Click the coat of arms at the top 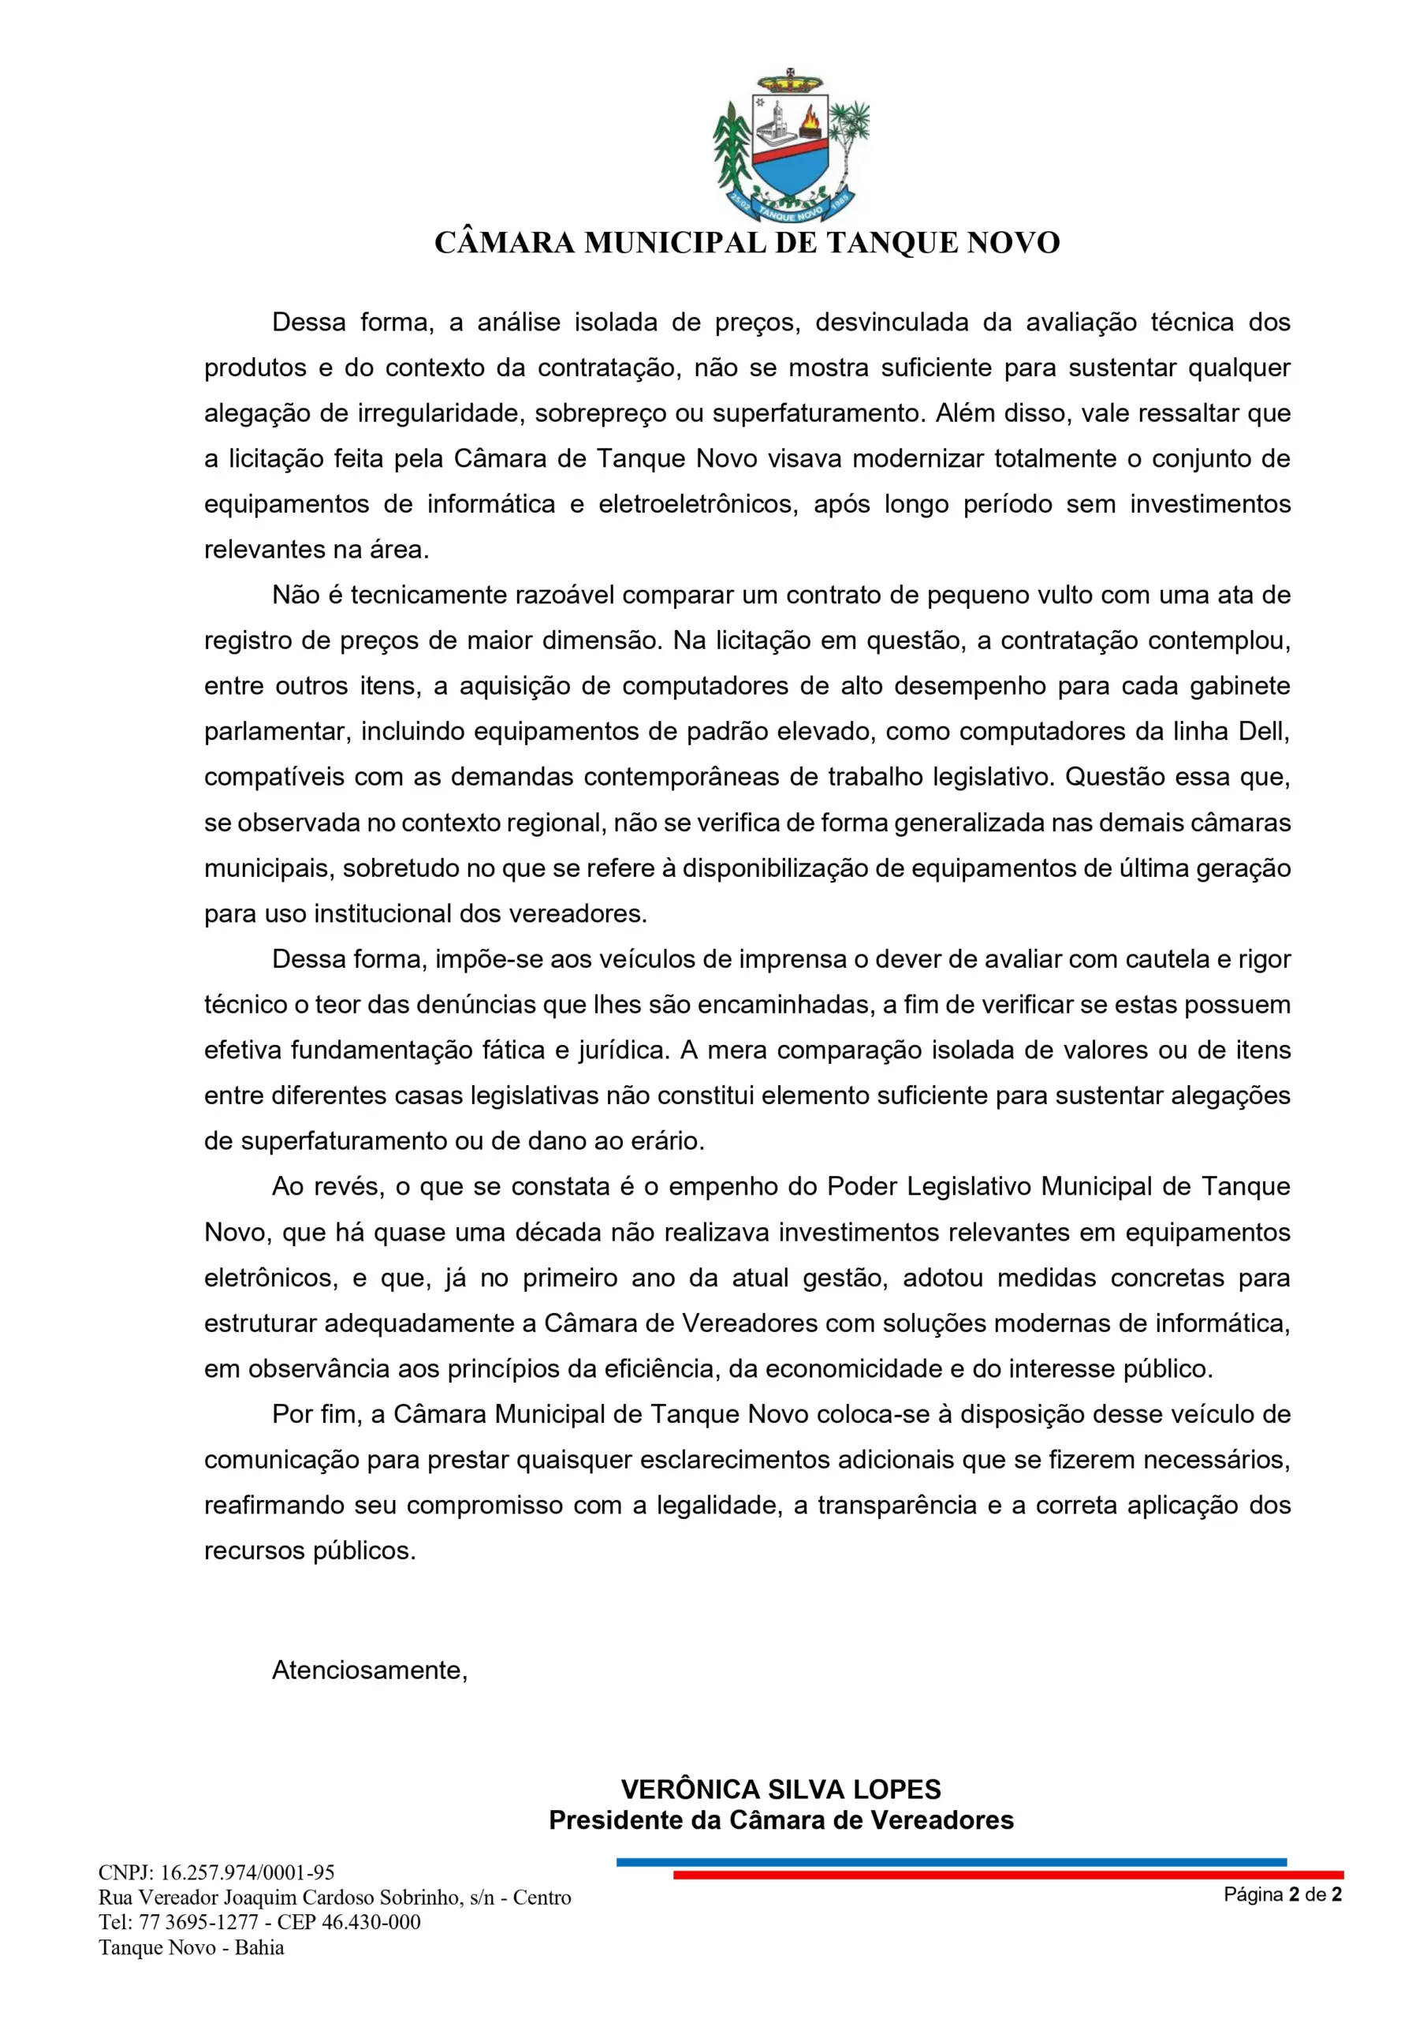pos(791,146)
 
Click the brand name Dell pos(1264,731)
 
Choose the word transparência pos(897,1505)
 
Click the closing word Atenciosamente pos(369,1670)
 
